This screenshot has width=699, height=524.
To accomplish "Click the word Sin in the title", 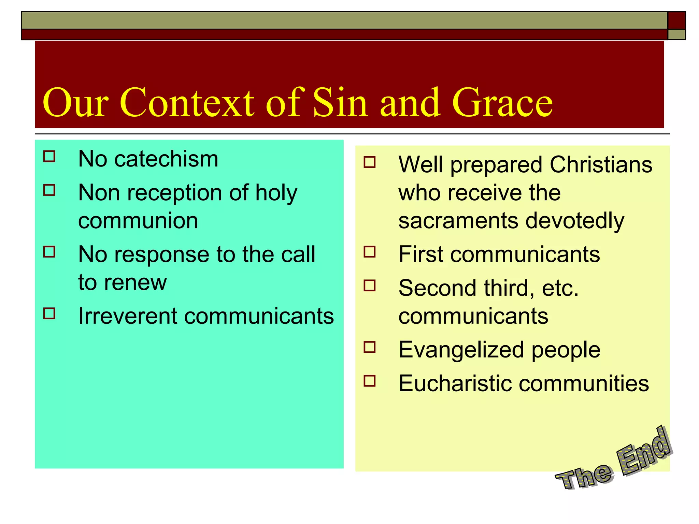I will coord(340,102).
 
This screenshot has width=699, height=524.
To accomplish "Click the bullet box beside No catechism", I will coord(49,156).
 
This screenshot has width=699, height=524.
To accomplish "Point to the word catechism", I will coord(166,159).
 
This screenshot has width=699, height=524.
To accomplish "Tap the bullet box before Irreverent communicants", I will coord(49,313).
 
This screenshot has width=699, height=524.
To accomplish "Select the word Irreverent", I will coord(127,316).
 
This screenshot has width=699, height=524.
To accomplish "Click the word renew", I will coord(135,282).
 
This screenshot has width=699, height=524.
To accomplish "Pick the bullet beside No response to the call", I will coord(49,252).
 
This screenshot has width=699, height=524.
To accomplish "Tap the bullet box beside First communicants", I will coord(370,252).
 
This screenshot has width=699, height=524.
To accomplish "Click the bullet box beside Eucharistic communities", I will coord(370,381).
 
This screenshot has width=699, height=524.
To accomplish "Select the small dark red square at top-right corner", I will coord(676,20).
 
